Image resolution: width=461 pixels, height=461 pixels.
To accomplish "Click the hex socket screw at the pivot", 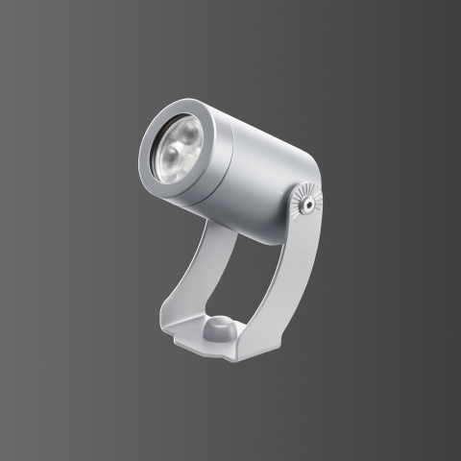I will [306, 203].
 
